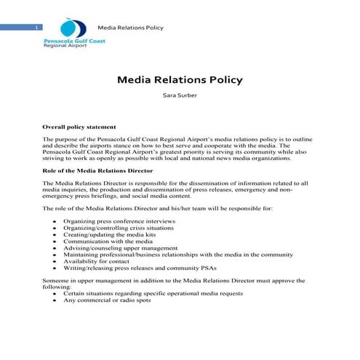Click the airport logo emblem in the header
coord(70,28)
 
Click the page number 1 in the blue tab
coord(36,27)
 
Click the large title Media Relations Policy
coord(180,79)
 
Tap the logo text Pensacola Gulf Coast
coord(74,41)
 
